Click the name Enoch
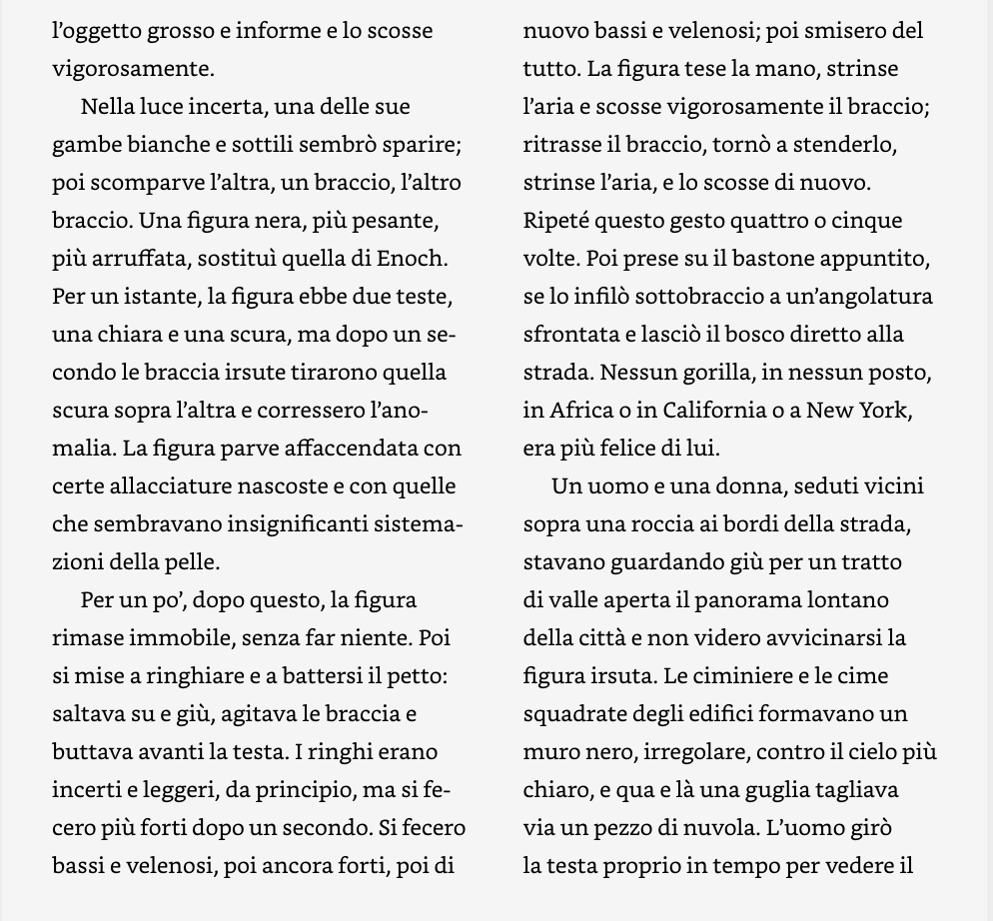point(412,259)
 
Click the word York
point(884,411)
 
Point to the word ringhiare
point(190,676)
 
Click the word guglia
point(775,790)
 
